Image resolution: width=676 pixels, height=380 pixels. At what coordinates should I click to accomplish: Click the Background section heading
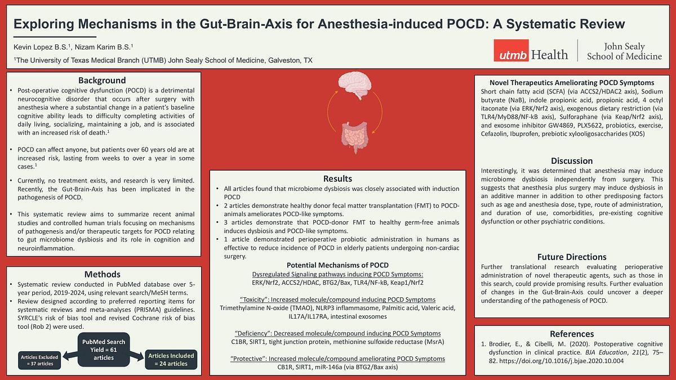[102, 81]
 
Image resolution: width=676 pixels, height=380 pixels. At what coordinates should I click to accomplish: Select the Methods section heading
[102, 274]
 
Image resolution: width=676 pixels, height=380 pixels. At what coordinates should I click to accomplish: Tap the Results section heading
[337, 178]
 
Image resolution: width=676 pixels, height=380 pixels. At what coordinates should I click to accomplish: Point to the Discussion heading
[571, 160]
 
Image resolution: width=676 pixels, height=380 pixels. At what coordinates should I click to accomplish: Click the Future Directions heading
[571, 257]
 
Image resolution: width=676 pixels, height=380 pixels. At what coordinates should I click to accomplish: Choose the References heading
[571, 333]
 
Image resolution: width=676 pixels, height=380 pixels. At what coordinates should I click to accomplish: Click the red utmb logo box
[510, 51]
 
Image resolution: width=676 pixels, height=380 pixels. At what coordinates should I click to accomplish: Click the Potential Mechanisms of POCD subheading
[337, 265]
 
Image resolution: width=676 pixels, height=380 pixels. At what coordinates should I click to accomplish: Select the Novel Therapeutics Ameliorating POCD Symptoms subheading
[571, 83]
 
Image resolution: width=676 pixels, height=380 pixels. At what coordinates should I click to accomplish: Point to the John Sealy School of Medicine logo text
[624, 51]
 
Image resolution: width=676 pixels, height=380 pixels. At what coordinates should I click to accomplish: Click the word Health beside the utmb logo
[549, 55]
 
